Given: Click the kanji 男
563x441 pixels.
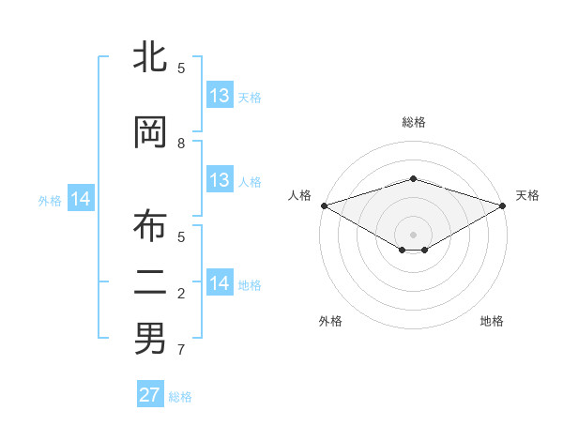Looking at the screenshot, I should click(150, 338).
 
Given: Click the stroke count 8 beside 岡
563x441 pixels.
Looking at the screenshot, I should click(181, 143).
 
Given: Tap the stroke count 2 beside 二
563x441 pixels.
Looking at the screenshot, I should click(181, 294).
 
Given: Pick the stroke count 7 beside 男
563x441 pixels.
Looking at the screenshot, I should click(181, 350).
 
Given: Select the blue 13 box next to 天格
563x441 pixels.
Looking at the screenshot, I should click(220, 96).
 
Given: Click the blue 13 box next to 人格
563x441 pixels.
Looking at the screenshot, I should click(220, 180).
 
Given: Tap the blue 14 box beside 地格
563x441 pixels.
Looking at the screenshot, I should click(220, 283).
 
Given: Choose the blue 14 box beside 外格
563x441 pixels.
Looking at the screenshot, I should click(81, 199).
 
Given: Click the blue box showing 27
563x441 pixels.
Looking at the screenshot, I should click(150, 395).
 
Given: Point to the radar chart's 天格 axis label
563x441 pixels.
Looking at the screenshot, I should click(527, 195).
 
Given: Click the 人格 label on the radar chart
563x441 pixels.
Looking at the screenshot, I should click(299, 195).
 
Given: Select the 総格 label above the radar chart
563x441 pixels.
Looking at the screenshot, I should click(413, 122).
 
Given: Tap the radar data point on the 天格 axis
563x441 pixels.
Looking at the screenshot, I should click(504, 205).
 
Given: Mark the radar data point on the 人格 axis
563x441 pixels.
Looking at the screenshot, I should click(324, 205).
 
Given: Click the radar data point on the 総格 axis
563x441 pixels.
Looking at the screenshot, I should click(413, 178).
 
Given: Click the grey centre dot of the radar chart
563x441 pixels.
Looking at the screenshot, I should click(413, 234).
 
